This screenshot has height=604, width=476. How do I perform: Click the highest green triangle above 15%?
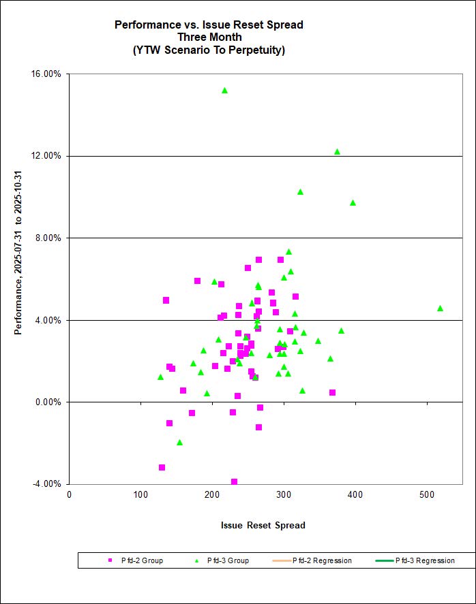pyautogui.click(x=224, y=90)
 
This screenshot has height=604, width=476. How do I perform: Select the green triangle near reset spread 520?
pyautogui.click(x=440, y=308)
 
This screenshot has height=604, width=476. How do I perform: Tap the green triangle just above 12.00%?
pyautogui.click(x=337, y=151)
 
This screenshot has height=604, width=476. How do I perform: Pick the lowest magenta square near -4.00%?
pyautogui.click(x=234, y=481)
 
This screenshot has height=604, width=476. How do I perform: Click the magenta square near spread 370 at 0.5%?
pyautogui.click(x=332, y=392)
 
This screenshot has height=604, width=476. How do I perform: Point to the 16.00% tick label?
pyautogui.click(x=47, y=74)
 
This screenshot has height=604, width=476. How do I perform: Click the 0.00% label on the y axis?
pyautogui.click(x=49, y=402)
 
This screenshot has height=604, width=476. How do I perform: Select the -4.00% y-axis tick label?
pyautogui.click(x=48, y=484)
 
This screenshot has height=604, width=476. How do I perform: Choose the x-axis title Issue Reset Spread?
pyautogui.click(x=263, y=525)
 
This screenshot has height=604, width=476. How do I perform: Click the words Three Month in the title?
pyautogui.click(x=208, y=37)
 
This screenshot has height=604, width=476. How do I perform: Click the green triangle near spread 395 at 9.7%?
pyautogui.click(x=353, y=202)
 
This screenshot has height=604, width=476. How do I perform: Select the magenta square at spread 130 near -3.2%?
pyautogui.click(x=162, y=467)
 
